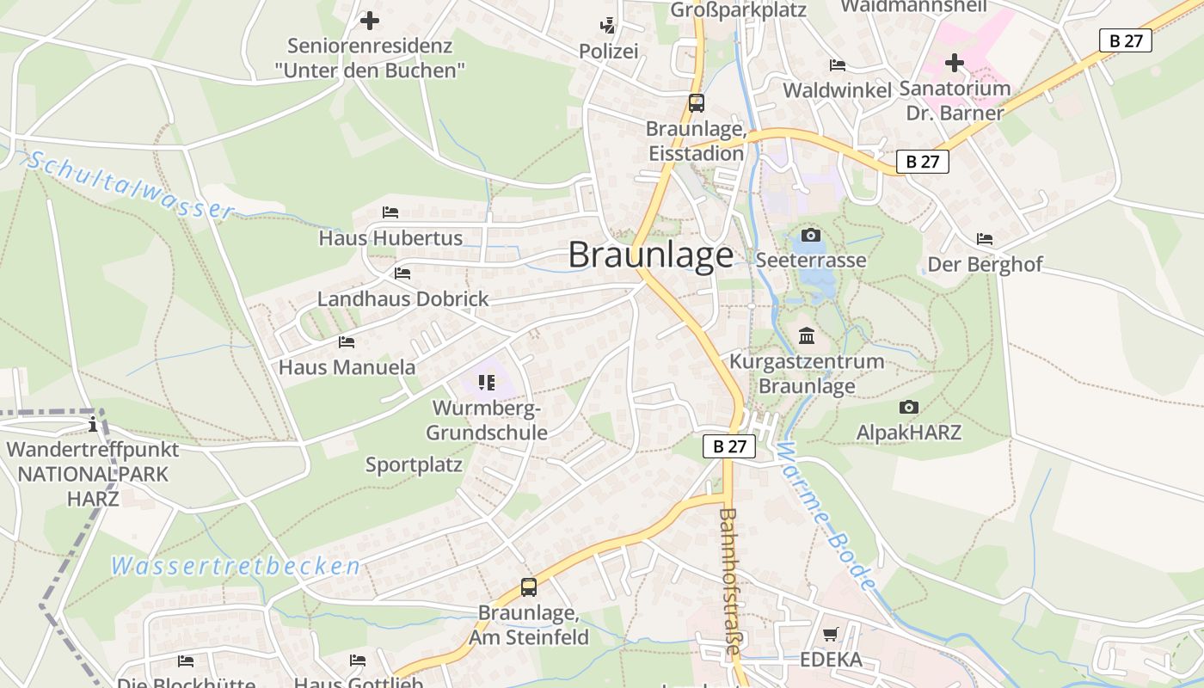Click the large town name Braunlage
[x=651, y=255]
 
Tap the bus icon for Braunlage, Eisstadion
[x=697, y=103]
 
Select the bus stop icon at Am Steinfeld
[x=529, y=587]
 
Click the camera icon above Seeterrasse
[x=810, y=235]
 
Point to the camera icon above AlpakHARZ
[x=908, y=407]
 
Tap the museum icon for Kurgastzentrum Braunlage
[x=807, y=335]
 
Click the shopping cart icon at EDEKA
[x=830, y=635]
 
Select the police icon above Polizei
[x=608, y=26]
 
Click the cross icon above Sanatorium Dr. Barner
[x=955, y=63]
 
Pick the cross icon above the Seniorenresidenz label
[x=370, y=20]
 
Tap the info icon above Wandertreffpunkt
[x=93, y=424]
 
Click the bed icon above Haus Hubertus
[x=390, y=212]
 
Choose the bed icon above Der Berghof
[x=985, y=238]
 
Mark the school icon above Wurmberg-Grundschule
[x=486, y=382]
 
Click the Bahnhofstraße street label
[x=729, y=581]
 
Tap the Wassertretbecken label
[x=236, y=566]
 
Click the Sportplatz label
[x=414, y=465]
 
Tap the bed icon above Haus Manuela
[x=347, y=341]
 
